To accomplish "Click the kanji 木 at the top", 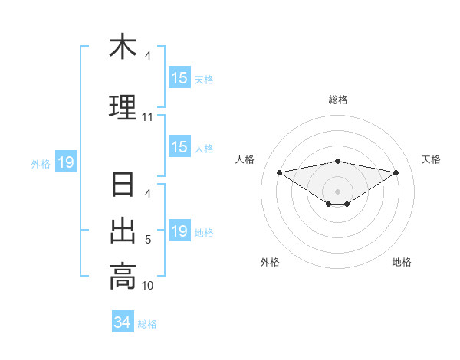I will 123,47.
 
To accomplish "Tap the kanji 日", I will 123,185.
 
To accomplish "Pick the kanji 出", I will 123,231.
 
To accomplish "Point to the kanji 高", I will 123,277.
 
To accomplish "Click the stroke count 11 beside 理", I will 148,117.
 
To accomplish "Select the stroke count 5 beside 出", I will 148,240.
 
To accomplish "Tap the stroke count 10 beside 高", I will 148,286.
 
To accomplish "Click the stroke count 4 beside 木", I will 148,56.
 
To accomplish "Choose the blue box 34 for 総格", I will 122,322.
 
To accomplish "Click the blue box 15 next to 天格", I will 179,78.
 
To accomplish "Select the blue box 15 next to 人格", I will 179,147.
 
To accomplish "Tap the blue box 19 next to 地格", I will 179,231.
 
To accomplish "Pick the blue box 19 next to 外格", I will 65,162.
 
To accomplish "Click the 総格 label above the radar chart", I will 338,100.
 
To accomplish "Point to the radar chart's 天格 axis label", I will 432,159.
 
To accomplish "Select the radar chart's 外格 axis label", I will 270,262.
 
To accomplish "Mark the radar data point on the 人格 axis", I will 280,172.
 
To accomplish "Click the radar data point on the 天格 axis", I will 396,172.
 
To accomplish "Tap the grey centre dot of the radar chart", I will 338,191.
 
